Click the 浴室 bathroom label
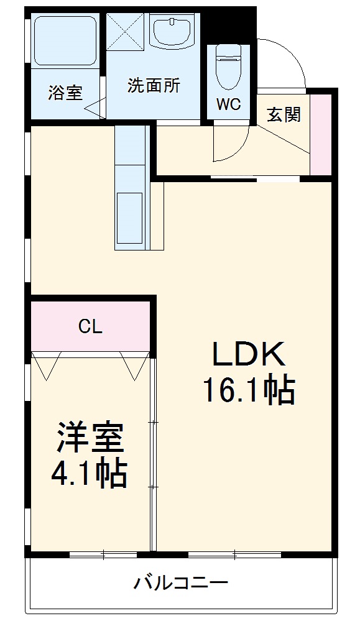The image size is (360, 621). (65, 94)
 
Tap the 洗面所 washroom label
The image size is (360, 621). (154, 86)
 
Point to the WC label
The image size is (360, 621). (228, 104)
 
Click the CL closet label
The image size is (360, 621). (90, 326)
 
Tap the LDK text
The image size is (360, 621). (249, 355)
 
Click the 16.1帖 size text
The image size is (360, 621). (247, 390)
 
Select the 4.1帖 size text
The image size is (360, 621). (89, 474)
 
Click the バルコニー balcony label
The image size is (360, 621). (181, 584)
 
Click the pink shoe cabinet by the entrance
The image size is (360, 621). (321, 134)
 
